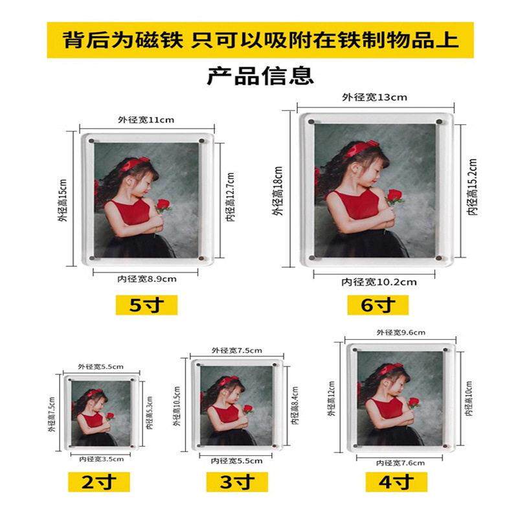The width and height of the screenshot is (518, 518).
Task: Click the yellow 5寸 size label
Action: pos(146,304)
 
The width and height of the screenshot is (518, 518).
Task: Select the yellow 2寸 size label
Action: pos(100,482)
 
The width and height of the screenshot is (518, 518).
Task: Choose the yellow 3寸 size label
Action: pos(236,482)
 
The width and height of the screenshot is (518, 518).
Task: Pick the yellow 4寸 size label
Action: pos(396,482)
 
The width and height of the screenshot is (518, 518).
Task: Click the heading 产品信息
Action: pos(260,75)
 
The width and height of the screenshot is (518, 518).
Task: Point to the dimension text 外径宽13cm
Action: pos(374,98)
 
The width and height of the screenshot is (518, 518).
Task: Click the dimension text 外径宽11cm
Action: pos(146,120)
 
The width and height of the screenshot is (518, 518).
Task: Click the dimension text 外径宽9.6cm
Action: pos(401,332)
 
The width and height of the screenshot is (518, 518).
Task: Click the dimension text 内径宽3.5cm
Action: pos(100,458)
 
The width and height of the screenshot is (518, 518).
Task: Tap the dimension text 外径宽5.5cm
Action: pos(100,366)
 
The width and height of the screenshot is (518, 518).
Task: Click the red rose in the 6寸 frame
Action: pos(394,196)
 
